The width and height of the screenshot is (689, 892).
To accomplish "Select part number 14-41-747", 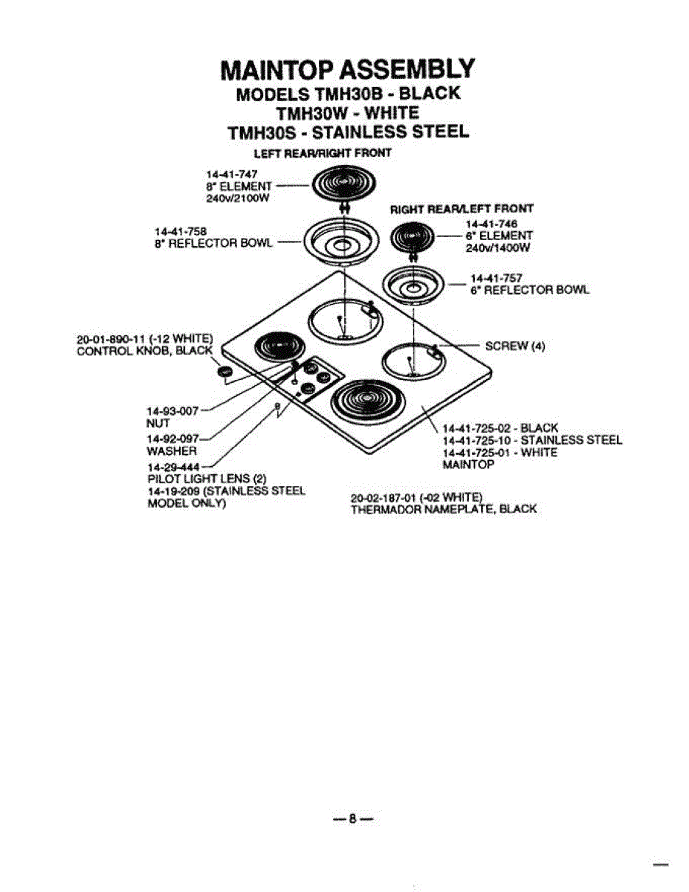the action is click(x=226, y=173).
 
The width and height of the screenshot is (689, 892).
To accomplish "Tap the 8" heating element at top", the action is click(x=342, y=184).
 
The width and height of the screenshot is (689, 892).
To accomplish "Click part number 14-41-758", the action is click(x=176, y=230).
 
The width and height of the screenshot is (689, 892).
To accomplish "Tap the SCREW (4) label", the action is click(x=515, y=346).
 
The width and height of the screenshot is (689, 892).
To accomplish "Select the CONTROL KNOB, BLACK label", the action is click(x=145, y=351).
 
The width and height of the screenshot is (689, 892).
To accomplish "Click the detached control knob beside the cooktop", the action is click(x=225, y=372).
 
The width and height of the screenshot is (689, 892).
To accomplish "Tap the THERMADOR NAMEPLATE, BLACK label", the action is click(x=443, y=509).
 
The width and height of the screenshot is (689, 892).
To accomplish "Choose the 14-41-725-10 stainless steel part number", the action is click(x=531, y=440).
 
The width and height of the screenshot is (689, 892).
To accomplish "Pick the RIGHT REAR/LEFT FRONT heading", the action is click(x=462, y=208).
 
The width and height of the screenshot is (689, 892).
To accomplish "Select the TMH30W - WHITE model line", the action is click(x=348, y=113).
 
